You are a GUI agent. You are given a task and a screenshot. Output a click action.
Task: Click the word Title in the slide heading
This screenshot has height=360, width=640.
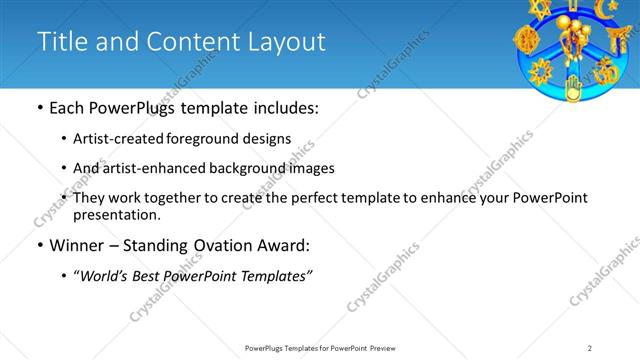pos(60,42)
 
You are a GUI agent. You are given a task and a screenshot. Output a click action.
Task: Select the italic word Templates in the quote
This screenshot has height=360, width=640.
pos(274,276)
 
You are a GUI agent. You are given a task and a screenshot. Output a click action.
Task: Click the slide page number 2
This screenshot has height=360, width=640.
pos(590,348)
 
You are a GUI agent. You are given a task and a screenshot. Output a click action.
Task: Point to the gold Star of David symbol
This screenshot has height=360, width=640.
pos(541,9)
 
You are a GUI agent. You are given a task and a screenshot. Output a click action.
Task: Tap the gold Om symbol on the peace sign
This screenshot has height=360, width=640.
pos(605,72)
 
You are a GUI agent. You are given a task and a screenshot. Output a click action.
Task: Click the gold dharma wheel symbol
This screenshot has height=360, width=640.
pos(527,40)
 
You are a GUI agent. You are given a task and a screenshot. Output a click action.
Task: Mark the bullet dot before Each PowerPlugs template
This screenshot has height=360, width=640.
pos(40,108)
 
